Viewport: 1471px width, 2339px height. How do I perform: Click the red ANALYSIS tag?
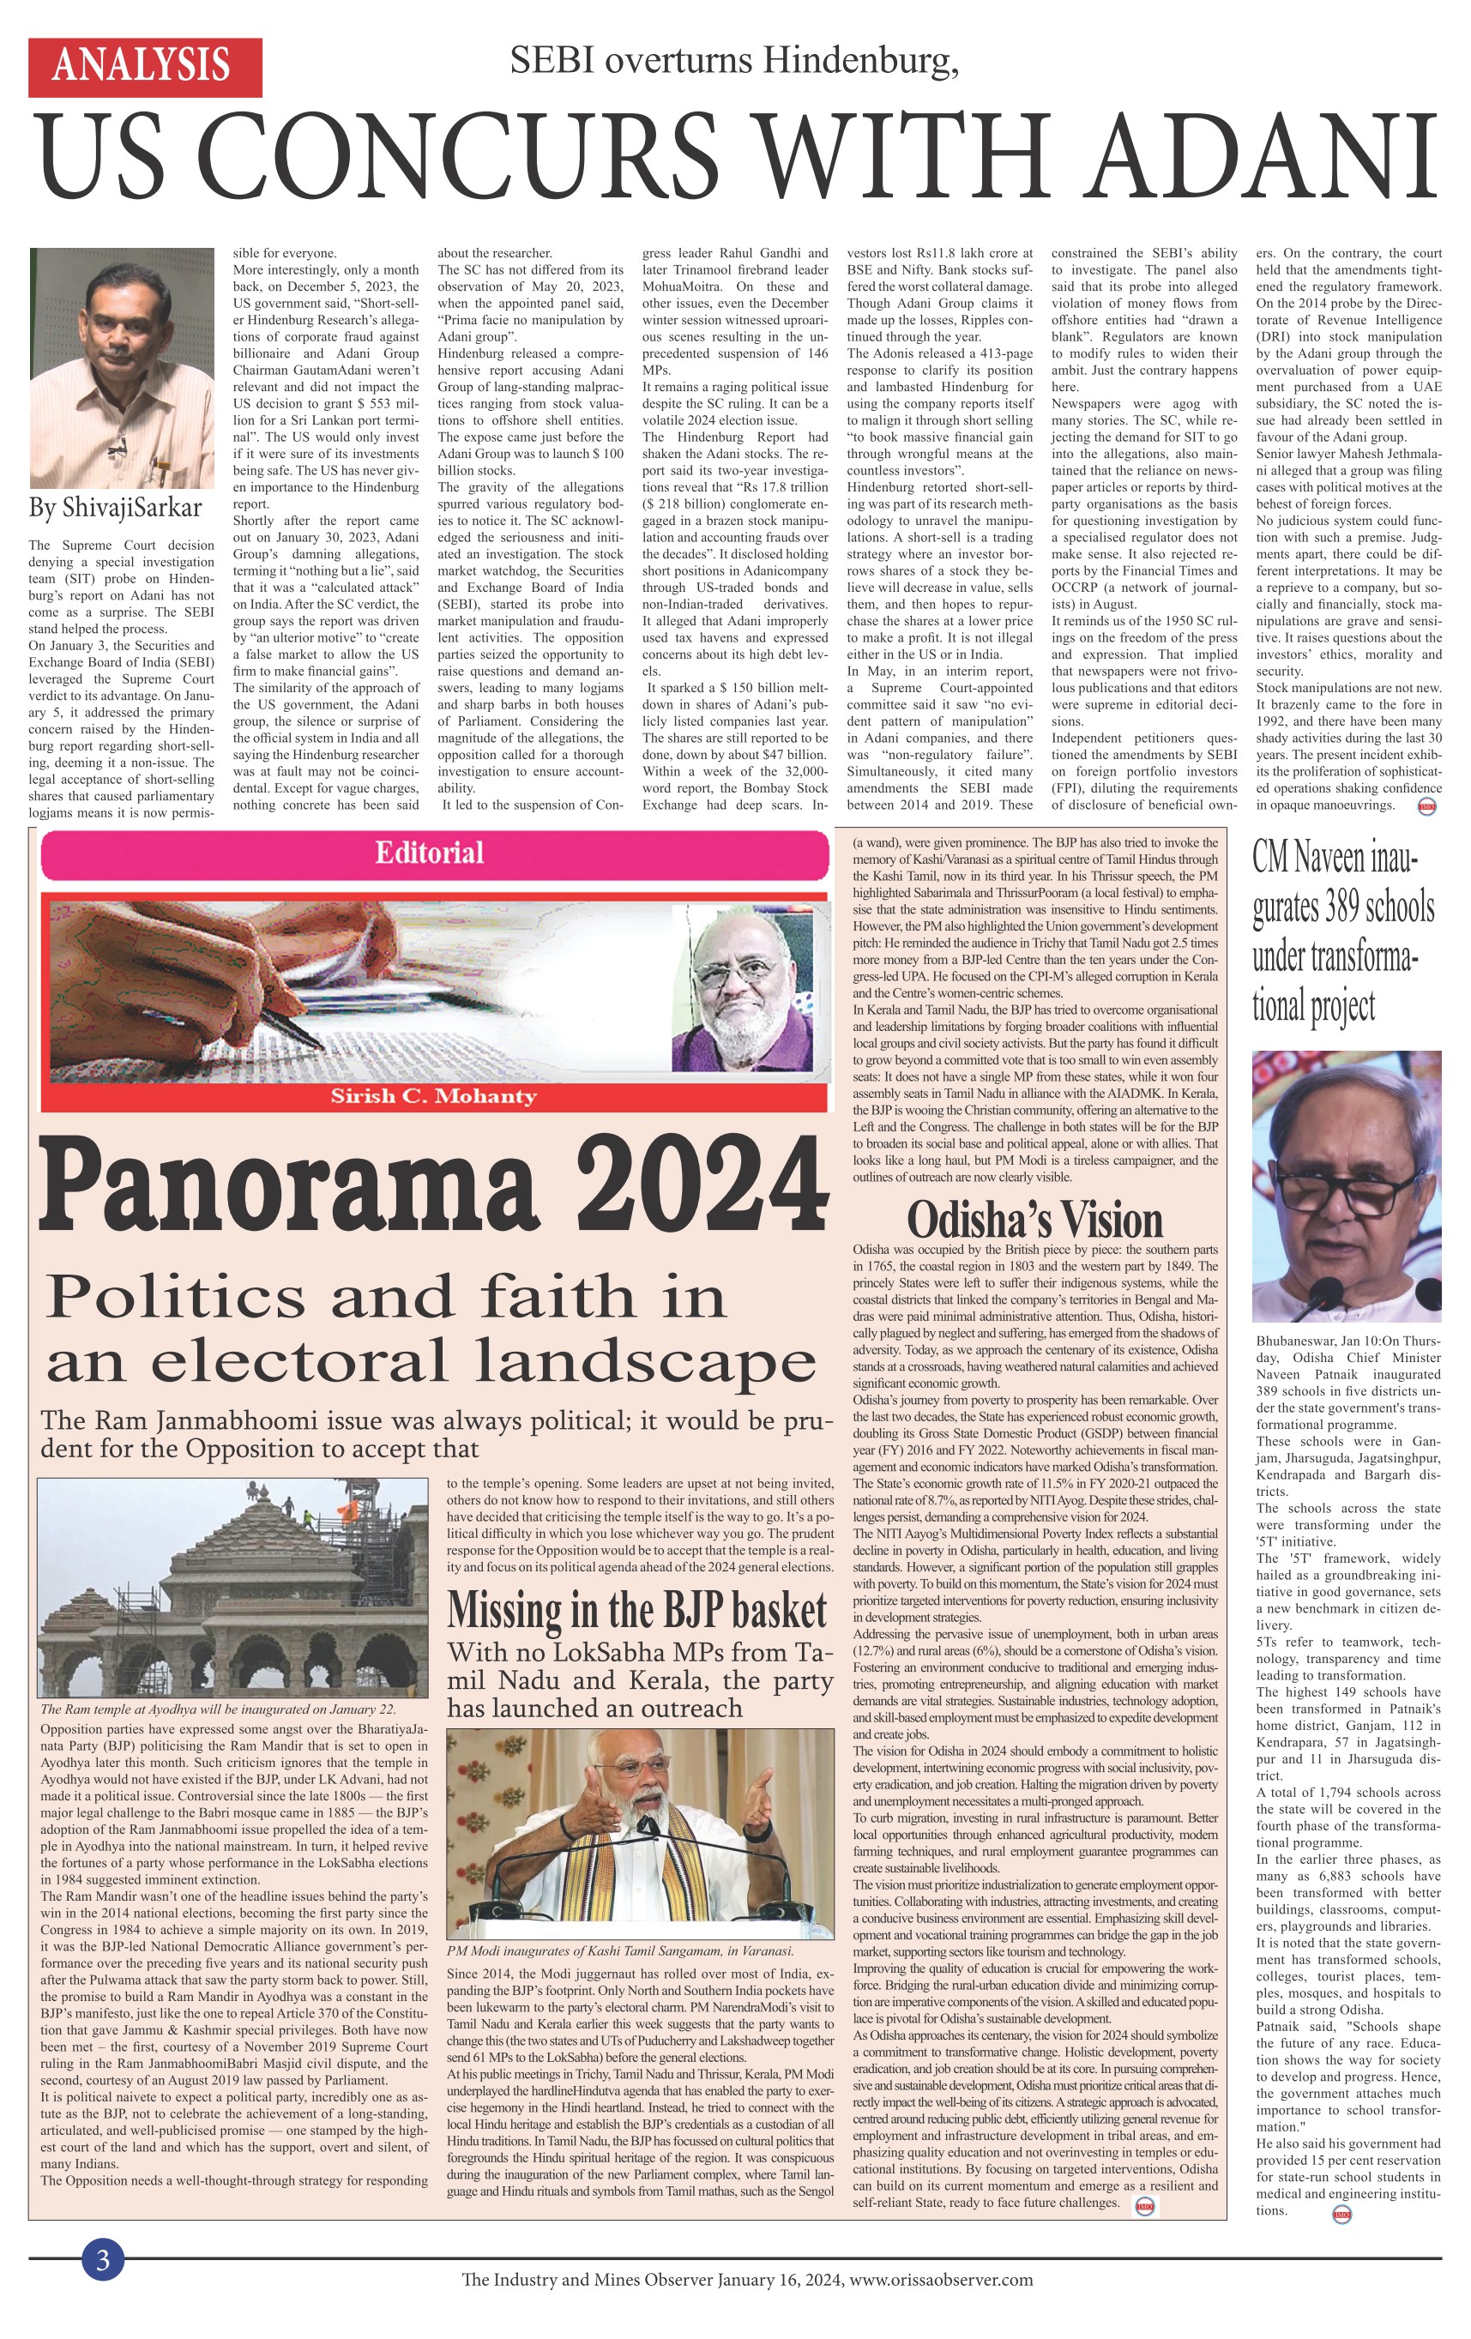pyautogui.click(x=145, y=67)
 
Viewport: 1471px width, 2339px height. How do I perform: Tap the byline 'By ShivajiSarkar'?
pyautogui.click(x=116, y=507)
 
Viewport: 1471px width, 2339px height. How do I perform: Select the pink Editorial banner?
pyautogui.click(x=431, y=853)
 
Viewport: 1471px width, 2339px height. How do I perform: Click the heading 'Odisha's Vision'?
pyautogui.click(x=1034, y=1220)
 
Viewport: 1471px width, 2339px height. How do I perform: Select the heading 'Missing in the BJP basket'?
pyautogui.click(x=637, y=1611)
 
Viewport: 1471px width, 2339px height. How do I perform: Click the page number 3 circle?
pyautogui.click(x=102, y=2259)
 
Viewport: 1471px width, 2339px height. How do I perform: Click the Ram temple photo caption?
pyautogui.click(x=218, y=1709)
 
